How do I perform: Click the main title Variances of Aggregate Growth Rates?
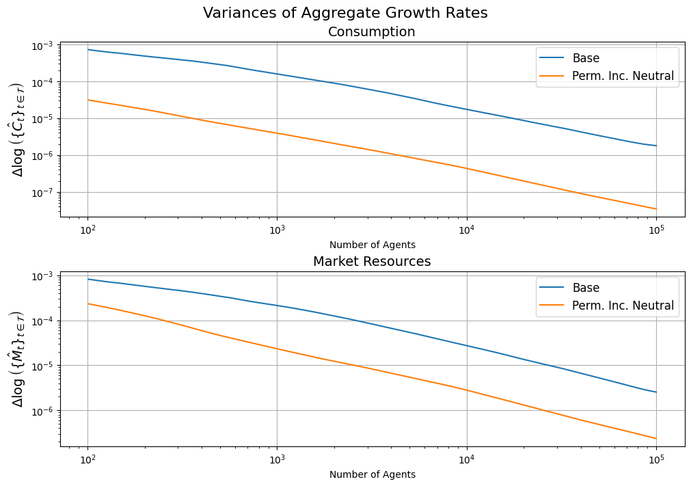coord(345,13)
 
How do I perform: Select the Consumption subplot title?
coord(372,31)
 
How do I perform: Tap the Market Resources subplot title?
coord(372,262)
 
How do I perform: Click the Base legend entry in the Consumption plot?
coord(586,58)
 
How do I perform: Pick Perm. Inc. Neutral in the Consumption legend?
coord(623,77)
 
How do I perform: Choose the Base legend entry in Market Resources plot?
coord(586,288)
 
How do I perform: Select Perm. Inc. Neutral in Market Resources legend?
coord(623,306)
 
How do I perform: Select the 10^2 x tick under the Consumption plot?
coord(87,230)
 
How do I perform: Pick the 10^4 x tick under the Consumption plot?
coord(467,230)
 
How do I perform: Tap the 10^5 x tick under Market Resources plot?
coord(656,460)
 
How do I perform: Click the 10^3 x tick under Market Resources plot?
coord(277,460)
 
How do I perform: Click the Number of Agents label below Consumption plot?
coord(372,245)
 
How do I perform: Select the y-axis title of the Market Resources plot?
coord(18,359)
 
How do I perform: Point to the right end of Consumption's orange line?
coord(656,208)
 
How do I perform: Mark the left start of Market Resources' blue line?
coord(87,279)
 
